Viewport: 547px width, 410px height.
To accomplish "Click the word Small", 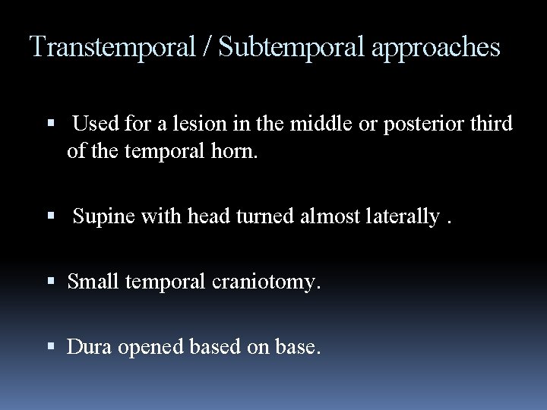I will tap(92, 282).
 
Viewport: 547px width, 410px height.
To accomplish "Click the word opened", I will tap(153, 348).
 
